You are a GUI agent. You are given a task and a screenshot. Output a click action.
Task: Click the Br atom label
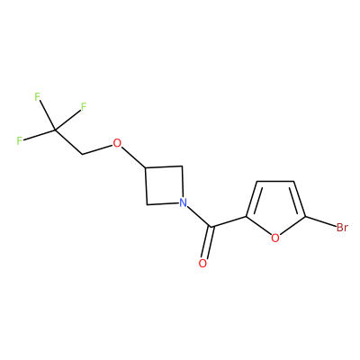point(342,228)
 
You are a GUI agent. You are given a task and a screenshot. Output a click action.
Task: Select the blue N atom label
point(183,203)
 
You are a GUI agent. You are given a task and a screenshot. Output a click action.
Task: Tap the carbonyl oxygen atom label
point(202,264)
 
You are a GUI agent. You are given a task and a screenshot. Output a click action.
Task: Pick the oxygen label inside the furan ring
point(275,238)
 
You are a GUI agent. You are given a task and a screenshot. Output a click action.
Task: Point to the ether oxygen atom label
point(117,143)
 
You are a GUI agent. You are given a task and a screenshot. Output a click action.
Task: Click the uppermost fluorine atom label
point(37,97)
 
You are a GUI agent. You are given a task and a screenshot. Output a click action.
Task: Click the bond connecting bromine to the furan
point(320,221)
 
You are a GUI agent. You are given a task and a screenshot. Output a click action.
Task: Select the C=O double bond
point(207,242)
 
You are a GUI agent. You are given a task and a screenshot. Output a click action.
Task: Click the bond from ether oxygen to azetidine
point(134,157)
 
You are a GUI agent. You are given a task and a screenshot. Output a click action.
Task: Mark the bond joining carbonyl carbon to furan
point(228,221)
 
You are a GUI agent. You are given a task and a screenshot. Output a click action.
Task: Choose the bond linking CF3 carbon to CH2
point(68,142)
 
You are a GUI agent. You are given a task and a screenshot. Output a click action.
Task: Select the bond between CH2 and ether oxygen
point(97,150)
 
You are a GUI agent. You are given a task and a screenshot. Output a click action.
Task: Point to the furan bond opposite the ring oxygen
point(275,181)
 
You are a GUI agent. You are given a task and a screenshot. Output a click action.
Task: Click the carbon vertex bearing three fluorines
point(54,130)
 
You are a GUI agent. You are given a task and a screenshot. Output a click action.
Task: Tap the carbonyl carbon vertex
point(211,227)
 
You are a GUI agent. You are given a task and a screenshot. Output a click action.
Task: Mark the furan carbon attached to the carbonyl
point(246,216)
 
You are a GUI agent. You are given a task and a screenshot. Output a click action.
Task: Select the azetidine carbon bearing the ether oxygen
point(146,167)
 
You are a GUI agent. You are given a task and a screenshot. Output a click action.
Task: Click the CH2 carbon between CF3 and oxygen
point(83,155)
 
